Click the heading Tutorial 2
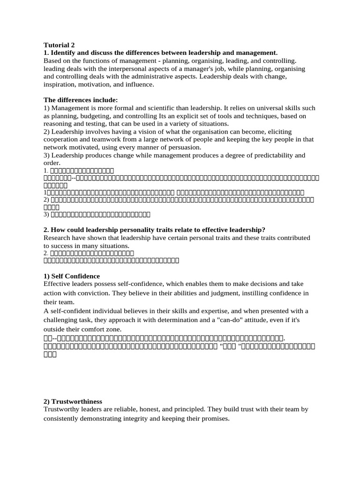pyautogui.click(x=59, y=45)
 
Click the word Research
pyautogui.click(x=58, y=238)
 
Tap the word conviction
pyautogui.click(x=108, y=293)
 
